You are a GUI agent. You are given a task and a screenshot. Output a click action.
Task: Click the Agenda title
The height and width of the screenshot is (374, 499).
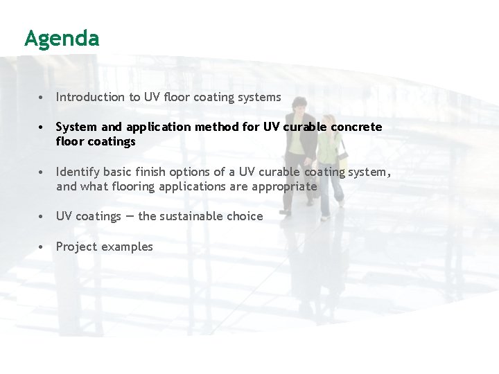[x=62, y=38]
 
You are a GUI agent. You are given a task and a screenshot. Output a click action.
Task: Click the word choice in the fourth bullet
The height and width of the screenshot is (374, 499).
[x=245, y=216]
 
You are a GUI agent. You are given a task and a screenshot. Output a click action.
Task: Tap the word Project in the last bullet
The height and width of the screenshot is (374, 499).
[x=76, y=247]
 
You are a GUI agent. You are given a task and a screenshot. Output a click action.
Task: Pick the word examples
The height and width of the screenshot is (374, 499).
[x=128, y=247]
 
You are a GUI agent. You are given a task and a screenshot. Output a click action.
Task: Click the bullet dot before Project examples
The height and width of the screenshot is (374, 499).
[x=43, y=247]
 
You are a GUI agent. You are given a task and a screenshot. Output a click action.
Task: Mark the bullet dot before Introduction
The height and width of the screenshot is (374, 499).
[x=43, y=98]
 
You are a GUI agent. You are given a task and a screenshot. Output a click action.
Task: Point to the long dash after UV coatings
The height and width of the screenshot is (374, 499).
[x=130, y=216]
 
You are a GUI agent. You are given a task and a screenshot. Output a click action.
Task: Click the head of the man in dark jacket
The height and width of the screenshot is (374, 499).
[x=300, y=105]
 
